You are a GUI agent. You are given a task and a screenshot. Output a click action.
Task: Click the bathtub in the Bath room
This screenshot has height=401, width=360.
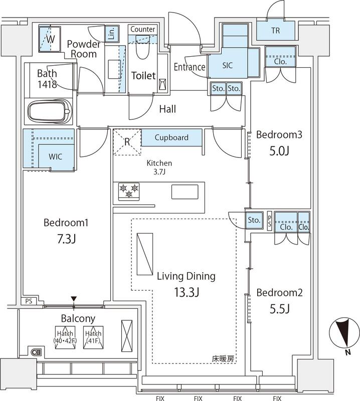[49, 111]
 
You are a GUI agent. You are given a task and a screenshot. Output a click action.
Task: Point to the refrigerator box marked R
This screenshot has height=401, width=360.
[127, 141]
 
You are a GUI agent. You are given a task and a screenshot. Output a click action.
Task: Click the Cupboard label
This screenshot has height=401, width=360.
[171, 137]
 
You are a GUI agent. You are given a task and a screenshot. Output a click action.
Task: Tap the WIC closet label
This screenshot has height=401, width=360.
[56, 156]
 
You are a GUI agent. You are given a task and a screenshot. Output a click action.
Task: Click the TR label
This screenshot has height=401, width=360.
[275, 31]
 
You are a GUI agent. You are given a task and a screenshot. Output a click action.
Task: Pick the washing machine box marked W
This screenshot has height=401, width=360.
[51, 38]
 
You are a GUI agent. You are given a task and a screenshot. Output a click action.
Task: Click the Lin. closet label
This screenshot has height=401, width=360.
[111, 33]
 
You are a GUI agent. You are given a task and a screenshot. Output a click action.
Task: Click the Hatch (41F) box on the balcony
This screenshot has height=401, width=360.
[93, 337]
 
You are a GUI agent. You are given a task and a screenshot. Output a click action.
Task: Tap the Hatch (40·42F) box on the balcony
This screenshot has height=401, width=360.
[65, 337]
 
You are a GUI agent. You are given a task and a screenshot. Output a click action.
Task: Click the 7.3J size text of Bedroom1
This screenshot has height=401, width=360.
[66, 239]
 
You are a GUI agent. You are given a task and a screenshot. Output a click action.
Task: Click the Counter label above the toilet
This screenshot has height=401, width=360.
[142, 30]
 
